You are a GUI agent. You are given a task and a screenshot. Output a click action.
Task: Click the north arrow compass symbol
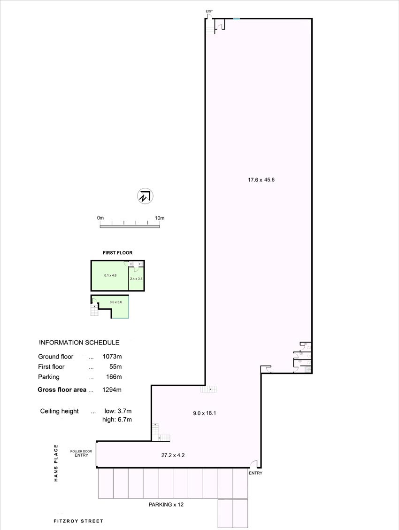[145, 196]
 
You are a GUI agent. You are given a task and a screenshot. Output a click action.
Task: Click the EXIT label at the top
[209, 11]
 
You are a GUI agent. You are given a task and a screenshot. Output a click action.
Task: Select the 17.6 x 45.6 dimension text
[261, 180]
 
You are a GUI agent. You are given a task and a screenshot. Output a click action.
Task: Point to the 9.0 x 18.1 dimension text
[205, 413]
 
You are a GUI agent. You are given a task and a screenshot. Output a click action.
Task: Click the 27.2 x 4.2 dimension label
[173, 455]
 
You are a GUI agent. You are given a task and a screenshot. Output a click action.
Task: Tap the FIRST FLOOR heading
[117, 253]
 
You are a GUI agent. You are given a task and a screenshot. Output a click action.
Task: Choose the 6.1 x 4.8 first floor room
[110, 275]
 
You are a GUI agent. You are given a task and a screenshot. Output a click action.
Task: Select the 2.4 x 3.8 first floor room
[137, 279]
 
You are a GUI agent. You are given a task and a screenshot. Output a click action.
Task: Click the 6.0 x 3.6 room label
[116, 302]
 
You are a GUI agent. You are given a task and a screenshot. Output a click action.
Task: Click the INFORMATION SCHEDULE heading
[79, 343]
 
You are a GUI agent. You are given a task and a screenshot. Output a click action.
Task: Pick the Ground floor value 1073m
[112, 357]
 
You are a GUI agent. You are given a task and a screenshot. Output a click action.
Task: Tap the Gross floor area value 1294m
[112, 390]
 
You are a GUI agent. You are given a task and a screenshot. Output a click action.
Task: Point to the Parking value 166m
[114, 377]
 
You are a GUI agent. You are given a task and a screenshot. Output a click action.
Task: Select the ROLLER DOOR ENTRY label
[81, 453]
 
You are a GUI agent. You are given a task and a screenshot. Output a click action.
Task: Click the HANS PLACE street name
[56, 463]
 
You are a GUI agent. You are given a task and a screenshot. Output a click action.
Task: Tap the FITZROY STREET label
[78, 521]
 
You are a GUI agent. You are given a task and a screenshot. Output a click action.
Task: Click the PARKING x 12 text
[166, 505]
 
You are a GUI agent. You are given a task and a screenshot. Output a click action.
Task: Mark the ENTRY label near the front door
[255, 473]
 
